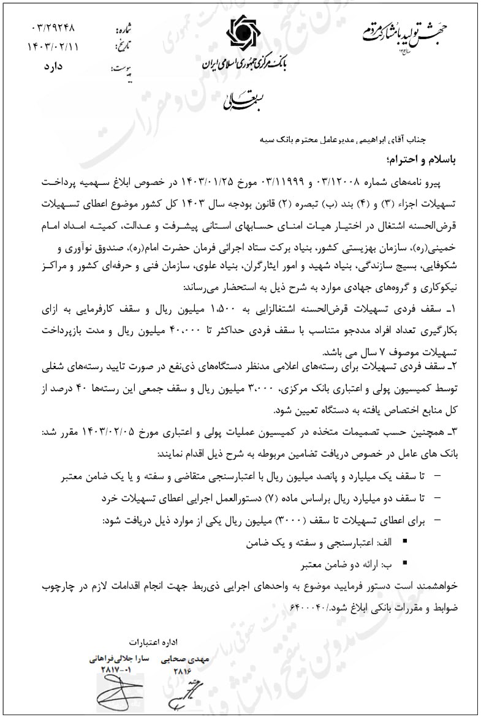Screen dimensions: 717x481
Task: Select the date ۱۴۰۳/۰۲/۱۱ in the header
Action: (x=53, y=46)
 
